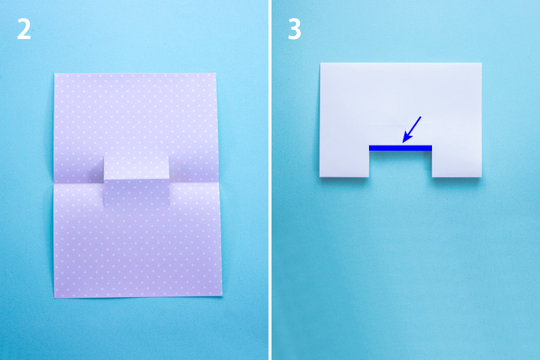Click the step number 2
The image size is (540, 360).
24,29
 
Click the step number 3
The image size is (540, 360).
295,29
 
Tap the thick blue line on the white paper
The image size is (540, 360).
400,148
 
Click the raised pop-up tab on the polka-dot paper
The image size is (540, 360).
136,181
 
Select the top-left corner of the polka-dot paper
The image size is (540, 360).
55,73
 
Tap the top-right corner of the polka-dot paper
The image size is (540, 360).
215,73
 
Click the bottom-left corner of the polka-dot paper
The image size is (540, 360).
54,298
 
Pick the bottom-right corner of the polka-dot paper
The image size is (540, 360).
222,295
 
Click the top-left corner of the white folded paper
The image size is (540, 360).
321,63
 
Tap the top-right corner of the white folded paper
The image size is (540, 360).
481,63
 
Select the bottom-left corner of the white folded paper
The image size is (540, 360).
319,177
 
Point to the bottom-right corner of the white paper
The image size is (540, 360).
481,177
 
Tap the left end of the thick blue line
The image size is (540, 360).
369,148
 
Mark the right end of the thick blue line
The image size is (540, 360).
431,148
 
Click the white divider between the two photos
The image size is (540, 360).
270,180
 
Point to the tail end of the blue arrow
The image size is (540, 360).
421,117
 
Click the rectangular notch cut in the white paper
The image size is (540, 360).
400,164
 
